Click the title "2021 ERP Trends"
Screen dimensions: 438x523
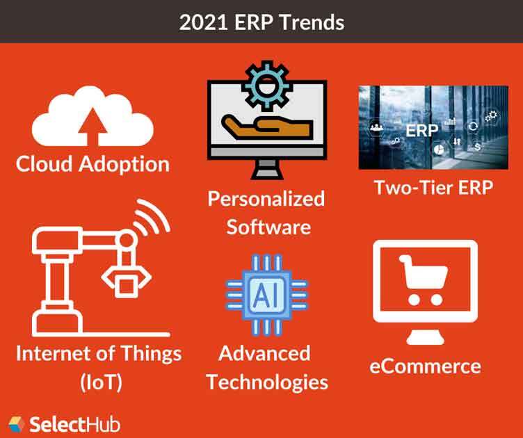click(261, 22)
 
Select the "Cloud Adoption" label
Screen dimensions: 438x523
click(92, 164)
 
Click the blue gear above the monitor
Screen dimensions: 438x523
click(266, 83)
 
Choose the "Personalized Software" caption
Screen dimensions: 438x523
click(266, 212)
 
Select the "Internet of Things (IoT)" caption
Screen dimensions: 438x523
click(98, 366)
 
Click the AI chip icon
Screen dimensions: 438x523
click(264, 295)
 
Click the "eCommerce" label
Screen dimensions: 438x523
click(425, 366)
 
